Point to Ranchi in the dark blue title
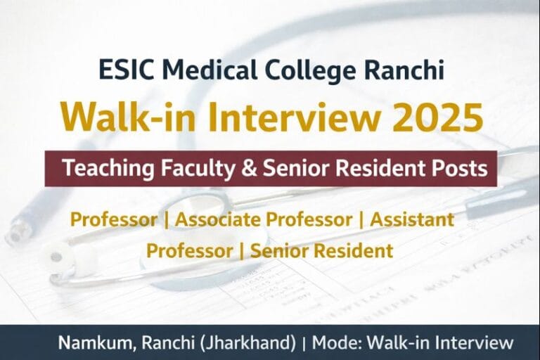coord(388,72)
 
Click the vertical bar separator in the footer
coord(303,343)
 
